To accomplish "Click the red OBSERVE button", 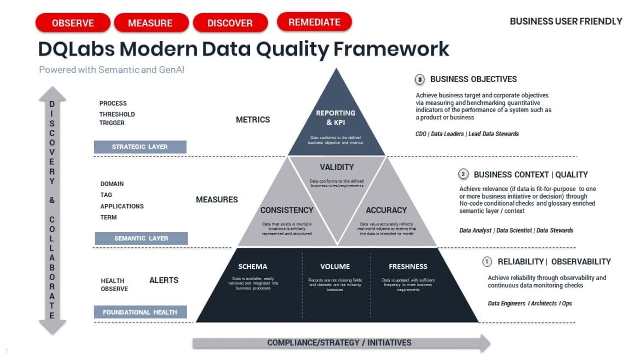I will (73, 23).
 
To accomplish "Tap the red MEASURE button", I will (150, 23).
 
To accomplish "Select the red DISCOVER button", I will (230, 23).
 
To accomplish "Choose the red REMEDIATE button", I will (314, 22).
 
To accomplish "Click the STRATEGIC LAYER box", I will (140, 147).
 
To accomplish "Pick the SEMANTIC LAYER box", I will (141, 238).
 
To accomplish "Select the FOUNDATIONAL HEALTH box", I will (141, 312).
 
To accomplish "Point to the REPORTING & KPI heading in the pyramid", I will (336, 117).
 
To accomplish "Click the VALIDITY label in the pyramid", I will (337, 167).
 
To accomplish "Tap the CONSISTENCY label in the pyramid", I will (287, 210).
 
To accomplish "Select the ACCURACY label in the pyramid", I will (387, 210).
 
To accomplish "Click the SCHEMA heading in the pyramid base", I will (253, 266).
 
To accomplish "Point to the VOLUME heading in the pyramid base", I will (335, 266).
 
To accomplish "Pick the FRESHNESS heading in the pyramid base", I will (408, 266).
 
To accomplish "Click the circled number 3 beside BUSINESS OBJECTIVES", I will (420, 79).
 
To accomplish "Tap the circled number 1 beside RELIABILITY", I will (487, 262).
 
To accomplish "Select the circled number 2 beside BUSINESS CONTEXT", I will (463, 175).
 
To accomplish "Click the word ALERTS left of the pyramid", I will (164, 280).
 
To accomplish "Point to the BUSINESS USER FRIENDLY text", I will (566, 21).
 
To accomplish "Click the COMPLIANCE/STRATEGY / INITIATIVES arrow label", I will (339, 342).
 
